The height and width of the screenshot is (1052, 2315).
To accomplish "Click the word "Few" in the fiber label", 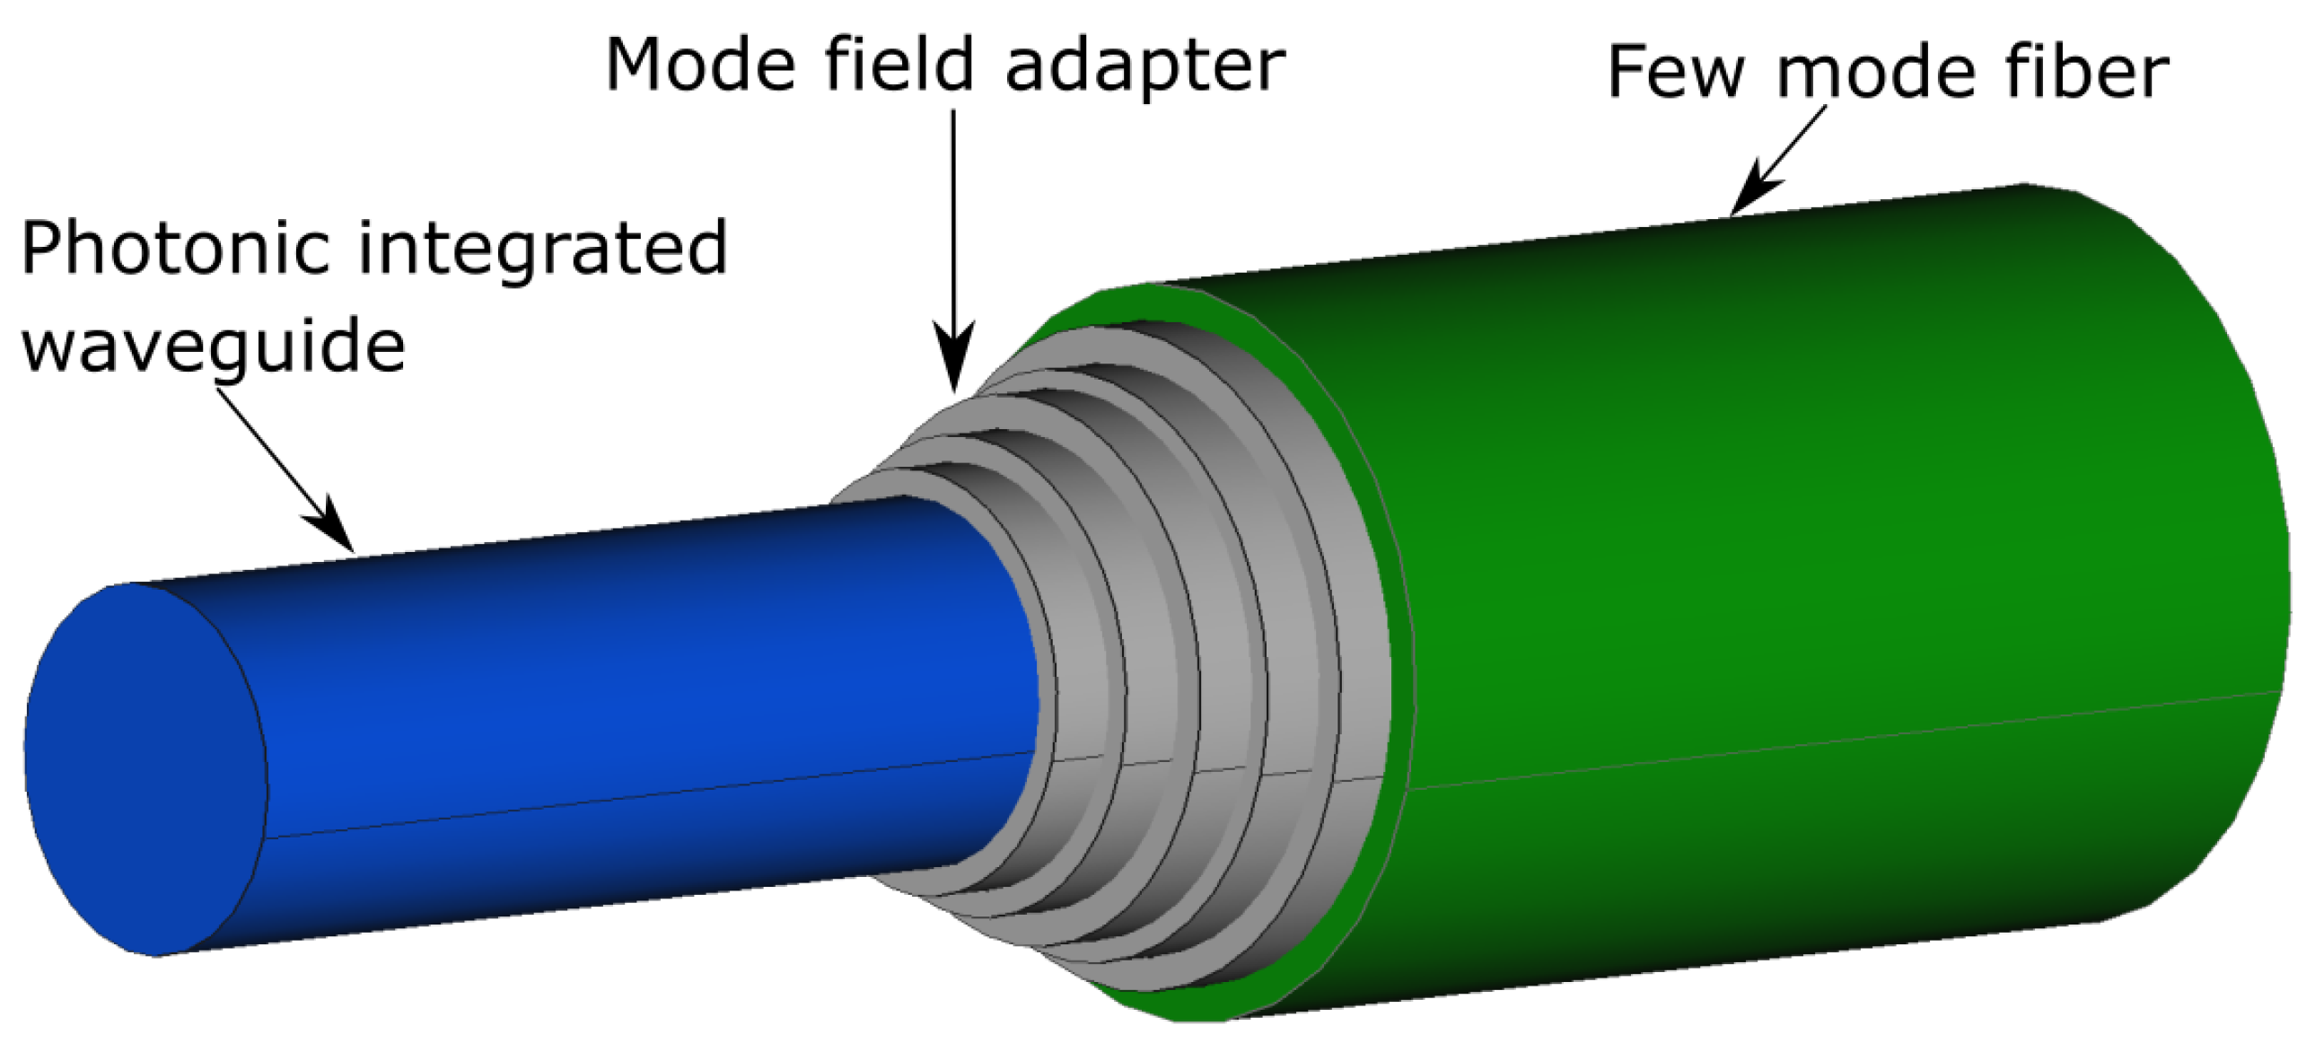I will (x=1674, y=72).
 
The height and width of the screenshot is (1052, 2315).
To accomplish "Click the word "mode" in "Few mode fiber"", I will (x=1872, y=74).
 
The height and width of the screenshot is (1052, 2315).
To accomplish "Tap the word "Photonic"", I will (x=175, y=249).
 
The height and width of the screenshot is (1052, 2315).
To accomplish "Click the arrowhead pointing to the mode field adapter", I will (x=953, y=359).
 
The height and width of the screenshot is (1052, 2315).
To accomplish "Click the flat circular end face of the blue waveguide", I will (x=144, y=768).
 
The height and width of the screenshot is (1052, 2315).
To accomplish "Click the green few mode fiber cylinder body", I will (x=1797, y=539).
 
